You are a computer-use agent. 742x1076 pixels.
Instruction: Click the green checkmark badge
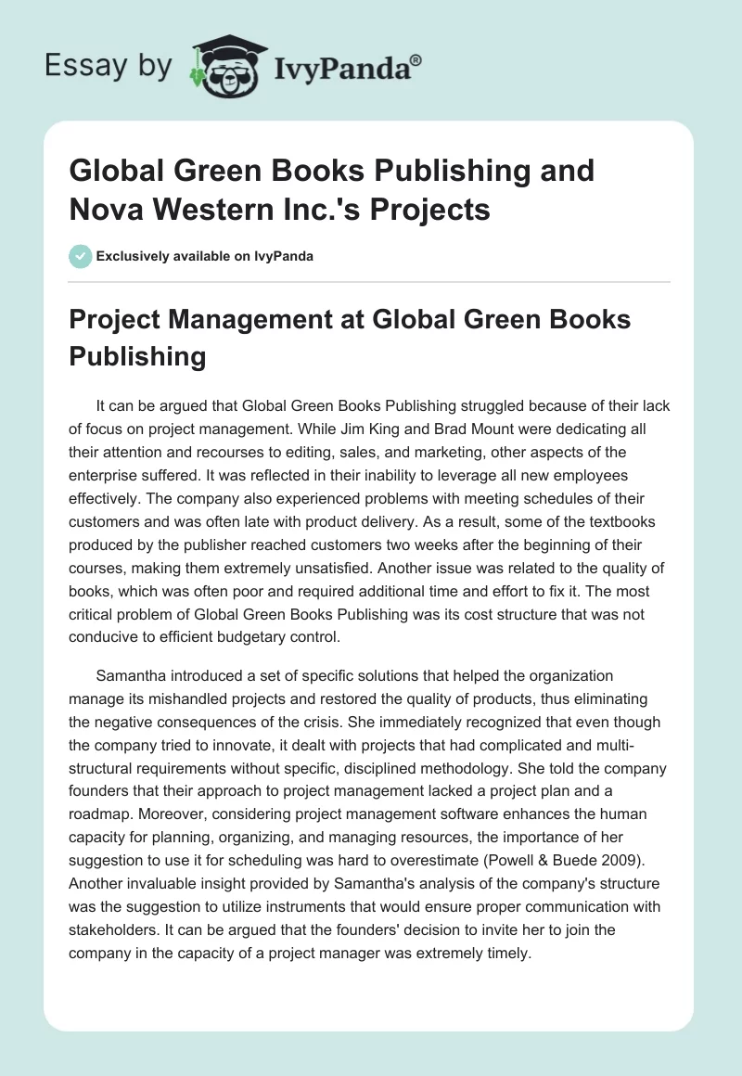click(80, 256)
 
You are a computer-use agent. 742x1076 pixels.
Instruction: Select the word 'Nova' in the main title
click(109, 210)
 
